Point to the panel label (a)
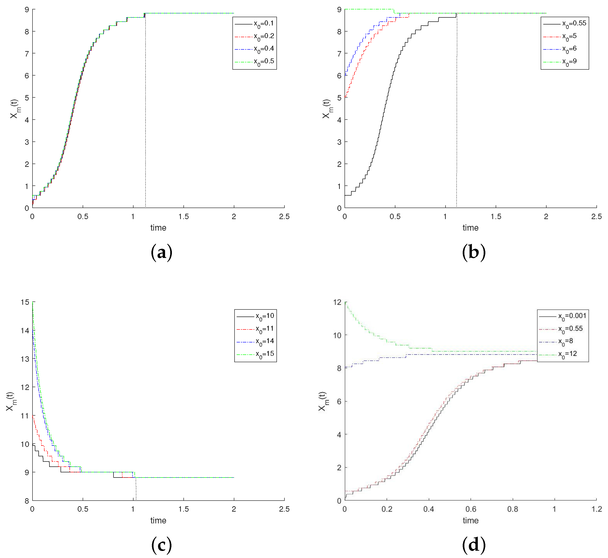pyautogui.click(x=162, y=253)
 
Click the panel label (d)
pyautogui.click(x=474, y=545)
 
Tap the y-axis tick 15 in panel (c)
pyautogui.click(x=25, y=302)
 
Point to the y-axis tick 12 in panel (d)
pyautogui.click(x=337, y=302)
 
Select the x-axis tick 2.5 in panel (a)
pyautogui.click(x=284, y=217)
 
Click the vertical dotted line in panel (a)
pyautogui.click(x=146, y=121)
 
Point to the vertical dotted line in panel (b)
pyautogui.click(x=456, y=121)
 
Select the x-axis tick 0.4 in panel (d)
pyautogui.click(x=428, y=509)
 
